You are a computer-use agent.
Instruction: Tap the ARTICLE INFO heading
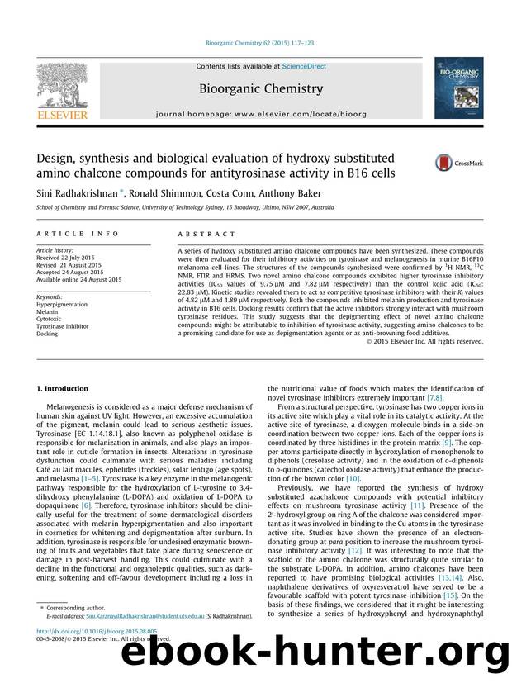pos(69,235)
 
